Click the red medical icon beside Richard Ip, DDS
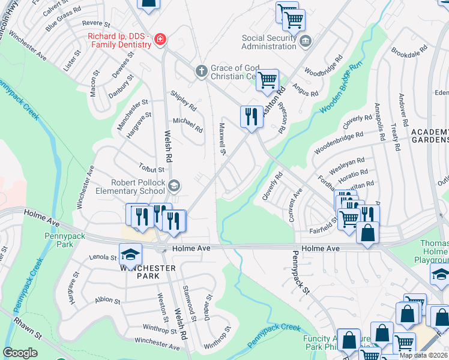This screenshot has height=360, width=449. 160,40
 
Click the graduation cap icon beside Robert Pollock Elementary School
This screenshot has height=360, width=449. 174,185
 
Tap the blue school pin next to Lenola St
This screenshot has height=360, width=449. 130,255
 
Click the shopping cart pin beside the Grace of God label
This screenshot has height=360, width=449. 268,80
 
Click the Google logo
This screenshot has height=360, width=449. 20,353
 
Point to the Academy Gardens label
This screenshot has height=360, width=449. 429,136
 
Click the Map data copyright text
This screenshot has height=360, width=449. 423,355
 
